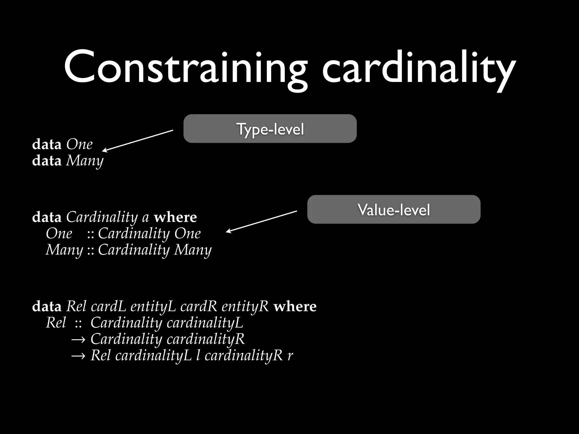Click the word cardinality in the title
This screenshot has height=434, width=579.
[x=418, y=68]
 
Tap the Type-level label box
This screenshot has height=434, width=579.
[x=270, y=129]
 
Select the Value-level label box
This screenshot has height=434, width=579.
[x=394, y=209]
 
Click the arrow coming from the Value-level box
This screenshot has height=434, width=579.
[x=262, y=222]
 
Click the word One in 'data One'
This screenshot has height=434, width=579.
[x=79, y=144]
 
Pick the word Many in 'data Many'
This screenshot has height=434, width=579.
[x=85, y=161]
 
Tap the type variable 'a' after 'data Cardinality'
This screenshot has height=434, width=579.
[x=145, y=217]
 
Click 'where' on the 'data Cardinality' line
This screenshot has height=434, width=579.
[x=175, y=217]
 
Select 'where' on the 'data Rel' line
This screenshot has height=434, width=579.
[x=295, y=307]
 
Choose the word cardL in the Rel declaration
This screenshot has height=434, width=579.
[x=108, y=307]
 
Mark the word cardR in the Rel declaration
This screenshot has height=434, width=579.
[x=198, y=307]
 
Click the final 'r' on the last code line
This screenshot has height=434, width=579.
[x=290, y=356]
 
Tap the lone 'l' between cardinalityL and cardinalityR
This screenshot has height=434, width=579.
[x=198, y=355]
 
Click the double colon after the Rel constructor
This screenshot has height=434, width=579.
[x=78, y=323]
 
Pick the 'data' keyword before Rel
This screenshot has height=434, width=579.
[x=47, y=307]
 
